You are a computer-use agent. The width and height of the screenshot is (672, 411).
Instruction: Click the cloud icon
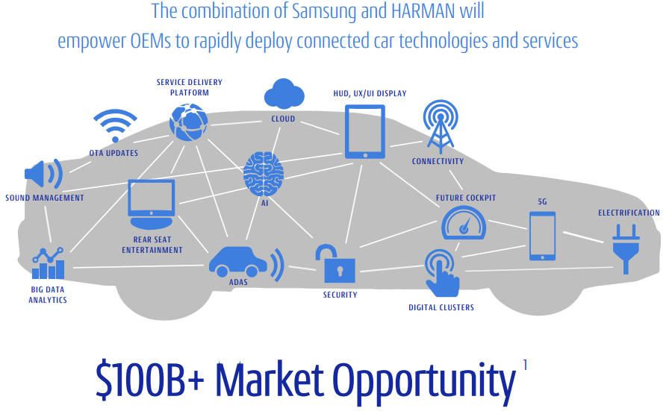coord(284,95)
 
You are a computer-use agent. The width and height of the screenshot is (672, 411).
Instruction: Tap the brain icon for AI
coord(263,174)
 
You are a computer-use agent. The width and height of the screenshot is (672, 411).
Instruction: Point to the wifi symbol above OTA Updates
coord(115,125)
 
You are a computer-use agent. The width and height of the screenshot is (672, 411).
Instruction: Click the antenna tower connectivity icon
coord(438,126)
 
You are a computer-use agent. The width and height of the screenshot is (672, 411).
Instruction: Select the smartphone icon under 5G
coord(542,236)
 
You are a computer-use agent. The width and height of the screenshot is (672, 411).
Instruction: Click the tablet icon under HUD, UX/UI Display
coord(364,131)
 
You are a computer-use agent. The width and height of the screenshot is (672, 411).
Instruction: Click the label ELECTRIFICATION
coord(629,213)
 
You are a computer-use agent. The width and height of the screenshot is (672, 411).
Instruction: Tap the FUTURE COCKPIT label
coord(466,198)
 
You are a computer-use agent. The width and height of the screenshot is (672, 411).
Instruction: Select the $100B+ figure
coord(150,380)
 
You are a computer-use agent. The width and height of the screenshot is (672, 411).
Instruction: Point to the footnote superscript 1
coord(525,364)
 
